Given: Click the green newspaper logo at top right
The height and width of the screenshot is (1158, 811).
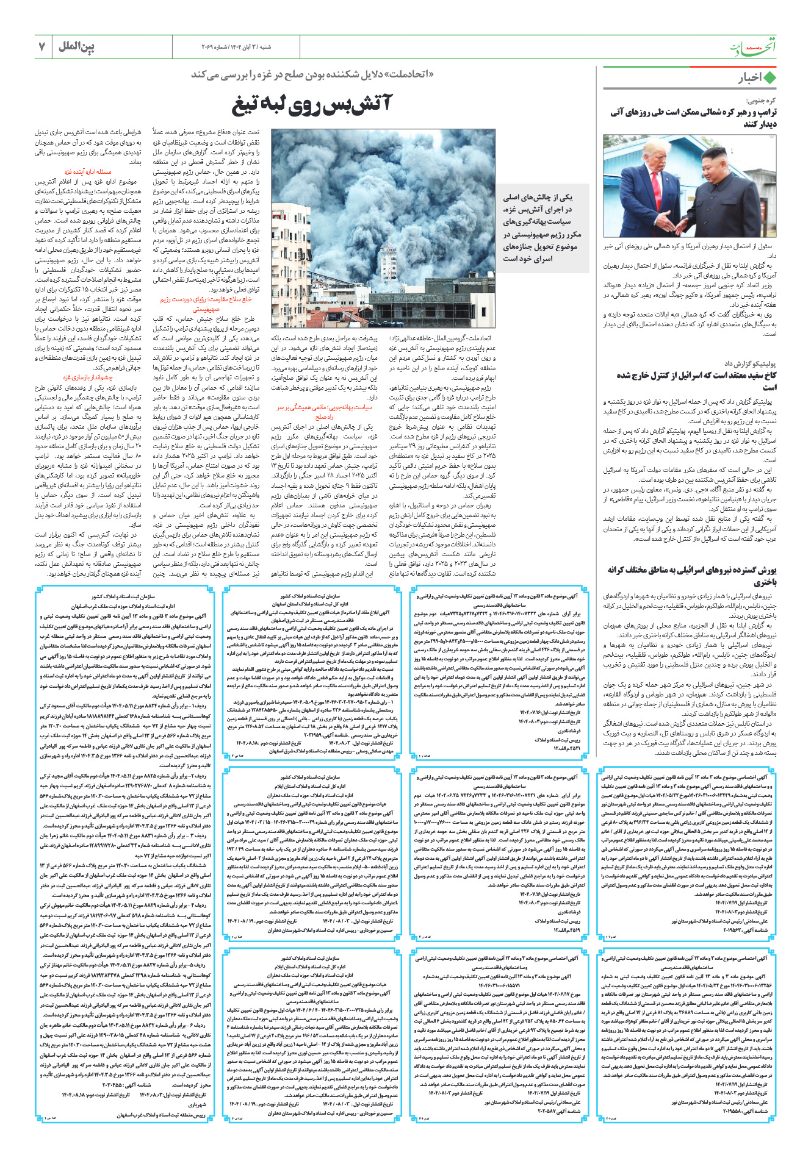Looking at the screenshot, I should click(754, 48).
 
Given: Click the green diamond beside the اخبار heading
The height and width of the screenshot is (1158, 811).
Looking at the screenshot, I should click(770, 78).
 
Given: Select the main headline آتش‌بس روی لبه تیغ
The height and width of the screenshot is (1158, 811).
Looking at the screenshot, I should click(312, 105).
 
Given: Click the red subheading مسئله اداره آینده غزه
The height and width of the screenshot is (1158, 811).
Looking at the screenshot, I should click(88, 172).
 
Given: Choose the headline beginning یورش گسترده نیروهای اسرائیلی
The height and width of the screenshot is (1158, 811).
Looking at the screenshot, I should click(691, 575).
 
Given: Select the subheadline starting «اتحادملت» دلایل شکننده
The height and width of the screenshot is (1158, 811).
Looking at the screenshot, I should click(312, 74).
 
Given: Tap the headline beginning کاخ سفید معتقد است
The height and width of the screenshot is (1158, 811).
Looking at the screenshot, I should click(696, 381).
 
